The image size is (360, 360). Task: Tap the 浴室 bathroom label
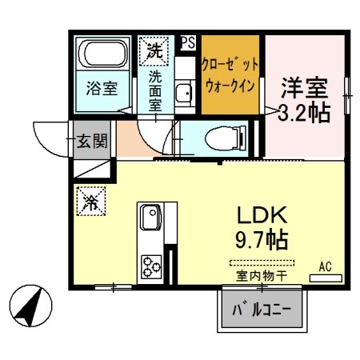tap(102, 89)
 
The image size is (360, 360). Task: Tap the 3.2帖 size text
tap(303, 113)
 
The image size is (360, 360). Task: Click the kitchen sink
tap(150, 218)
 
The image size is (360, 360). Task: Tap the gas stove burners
tap(150, 263)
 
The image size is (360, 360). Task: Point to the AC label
tap(326, 266)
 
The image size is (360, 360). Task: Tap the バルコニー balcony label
tap(261, 309)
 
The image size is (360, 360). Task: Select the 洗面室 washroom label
tap(155, 89)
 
